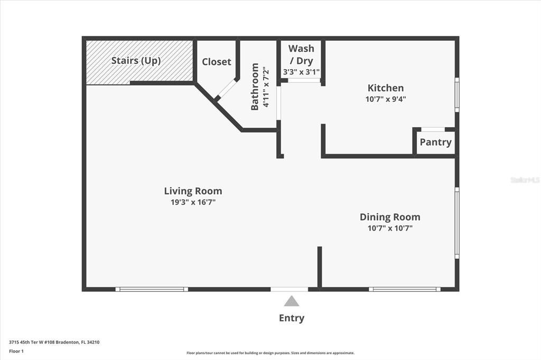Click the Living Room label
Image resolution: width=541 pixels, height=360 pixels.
click(193, 191)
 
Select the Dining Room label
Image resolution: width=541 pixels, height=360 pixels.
click(390, 217)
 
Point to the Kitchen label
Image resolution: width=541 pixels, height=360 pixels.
click(386, 88)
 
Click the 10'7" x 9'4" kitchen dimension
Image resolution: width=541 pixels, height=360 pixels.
click(386, 99)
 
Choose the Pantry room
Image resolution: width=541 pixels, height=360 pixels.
click(435, 142)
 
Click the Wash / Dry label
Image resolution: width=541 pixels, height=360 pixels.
click(301, 54)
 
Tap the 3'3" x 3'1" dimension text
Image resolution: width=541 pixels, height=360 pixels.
click(301, 72)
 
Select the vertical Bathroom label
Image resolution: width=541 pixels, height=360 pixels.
click(255, 87)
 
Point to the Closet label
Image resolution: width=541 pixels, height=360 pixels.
click(217, 62)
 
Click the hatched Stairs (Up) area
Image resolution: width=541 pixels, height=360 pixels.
click(138, 62)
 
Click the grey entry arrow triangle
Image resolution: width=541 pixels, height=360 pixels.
click(292, 301)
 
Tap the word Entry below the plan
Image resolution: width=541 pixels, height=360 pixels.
click(292, 318)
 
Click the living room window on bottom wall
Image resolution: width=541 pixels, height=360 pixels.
click(152, 289)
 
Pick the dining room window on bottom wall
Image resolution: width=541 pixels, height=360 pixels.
click(405, 289)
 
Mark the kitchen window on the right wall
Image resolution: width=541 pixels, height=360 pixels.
click(457, 94)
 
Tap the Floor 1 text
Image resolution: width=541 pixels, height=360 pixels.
click(16, 350)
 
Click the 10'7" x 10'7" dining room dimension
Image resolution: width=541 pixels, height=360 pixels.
click(390, 228)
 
